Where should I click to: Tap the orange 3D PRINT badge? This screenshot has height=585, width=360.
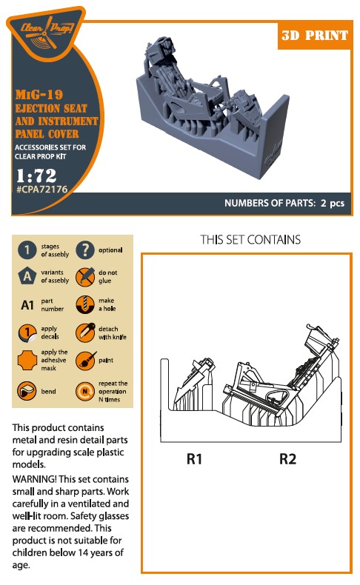tap(315, 35)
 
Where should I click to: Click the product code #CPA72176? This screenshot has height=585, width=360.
tap(41, 189)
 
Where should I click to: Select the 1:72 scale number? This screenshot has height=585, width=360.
tap(36, 175)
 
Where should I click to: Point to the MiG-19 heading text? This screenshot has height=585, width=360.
tap(39, 94)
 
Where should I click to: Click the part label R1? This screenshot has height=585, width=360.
tap(194, 459)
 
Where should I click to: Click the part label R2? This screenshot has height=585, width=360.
tap(287, 459)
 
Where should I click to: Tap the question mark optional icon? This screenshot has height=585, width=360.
tap(85, 250)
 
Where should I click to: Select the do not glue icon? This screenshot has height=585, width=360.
tap(85, 277)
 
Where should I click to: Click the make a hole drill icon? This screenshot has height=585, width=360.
tap(85, 304)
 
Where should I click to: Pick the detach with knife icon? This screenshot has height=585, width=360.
tap(85, 332)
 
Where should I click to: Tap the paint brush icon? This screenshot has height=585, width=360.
tap(86, 361)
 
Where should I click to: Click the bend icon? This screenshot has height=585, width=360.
tap(27, 391)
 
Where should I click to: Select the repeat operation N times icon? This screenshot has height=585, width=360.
tap(85, 392)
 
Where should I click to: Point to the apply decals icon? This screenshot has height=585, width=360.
tap(27, 332)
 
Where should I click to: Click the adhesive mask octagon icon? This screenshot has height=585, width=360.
tap(27, 361)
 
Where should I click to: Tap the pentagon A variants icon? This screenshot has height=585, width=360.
tap(27, 276)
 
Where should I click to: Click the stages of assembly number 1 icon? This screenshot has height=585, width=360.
tap(27, 250)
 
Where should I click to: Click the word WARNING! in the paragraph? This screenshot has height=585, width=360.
tap(34, 479)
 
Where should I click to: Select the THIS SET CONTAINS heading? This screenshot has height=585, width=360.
tap(250, 239)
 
